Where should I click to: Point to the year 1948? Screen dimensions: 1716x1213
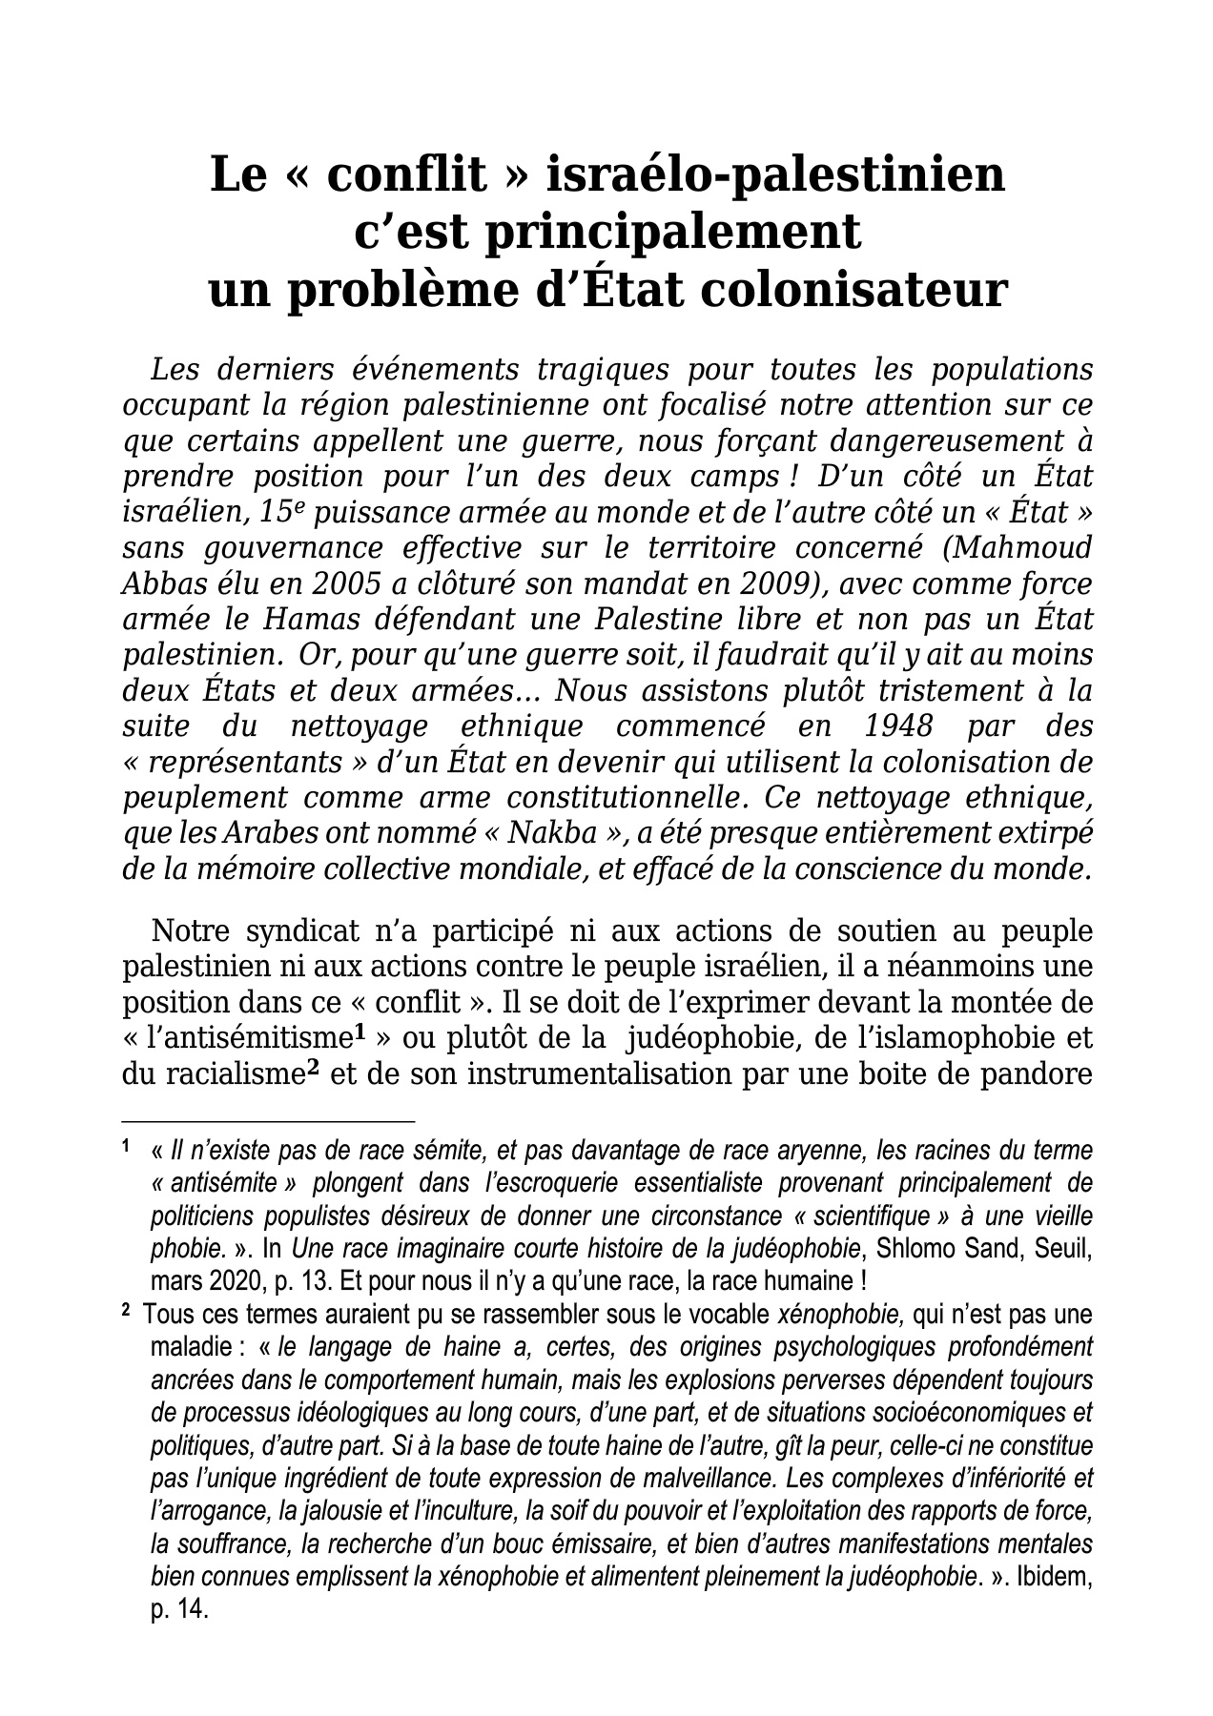[897, 725]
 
